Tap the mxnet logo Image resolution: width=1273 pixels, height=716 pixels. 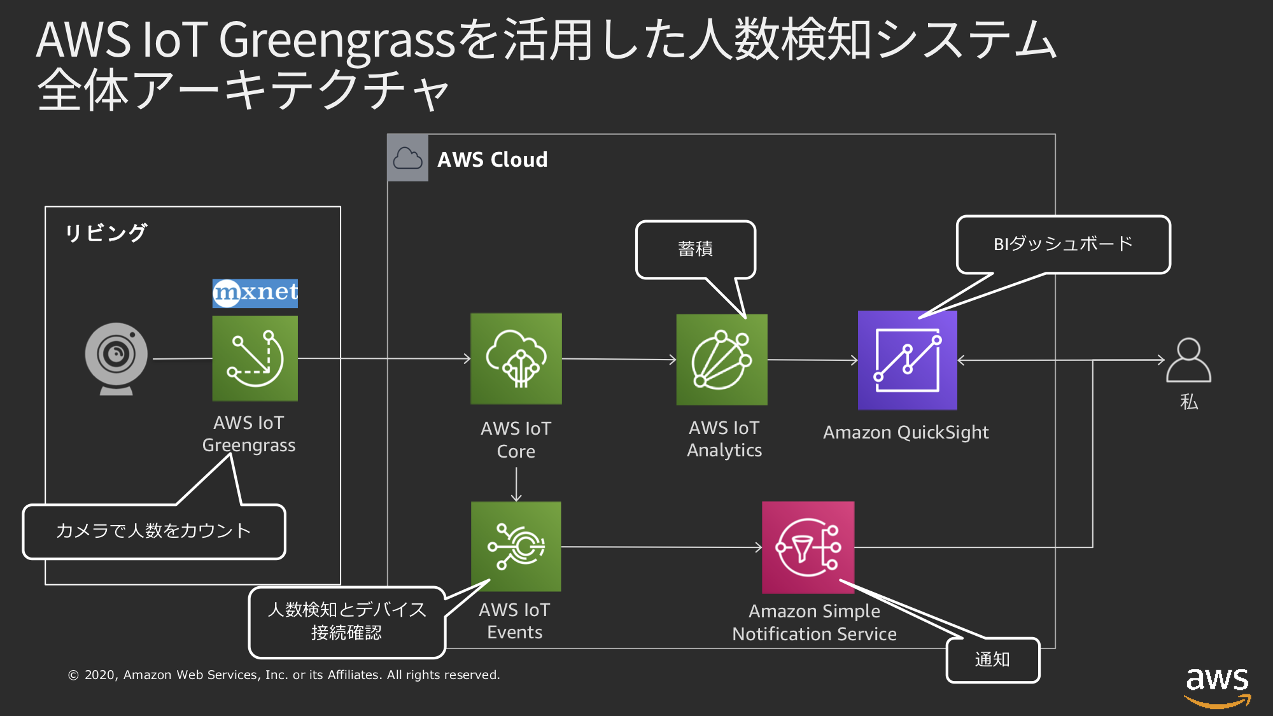click(255, 293)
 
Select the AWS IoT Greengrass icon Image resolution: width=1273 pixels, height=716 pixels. click(255, 358)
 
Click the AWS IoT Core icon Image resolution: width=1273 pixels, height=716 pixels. click(516, 358)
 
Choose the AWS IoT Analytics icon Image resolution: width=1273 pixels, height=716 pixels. click(722, 360)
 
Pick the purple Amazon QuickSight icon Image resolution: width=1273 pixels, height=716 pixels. click(907, 360)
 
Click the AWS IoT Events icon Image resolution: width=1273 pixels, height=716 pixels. click(516, 546)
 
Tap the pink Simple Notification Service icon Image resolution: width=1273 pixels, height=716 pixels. click(808, 547)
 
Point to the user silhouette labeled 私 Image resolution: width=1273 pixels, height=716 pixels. click(1188, 360)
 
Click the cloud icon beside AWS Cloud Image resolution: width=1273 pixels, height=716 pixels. click(408, 158)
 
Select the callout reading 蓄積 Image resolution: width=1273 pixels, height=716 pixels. click(696, 249)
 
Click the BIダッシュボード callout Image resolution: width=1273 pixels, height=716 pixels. click(1063, 244)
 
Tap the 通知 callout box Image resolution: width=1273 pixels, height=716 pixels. click(993, 660)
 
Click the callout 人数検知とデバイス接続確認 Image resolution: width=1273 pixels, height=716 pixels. click(347, 622)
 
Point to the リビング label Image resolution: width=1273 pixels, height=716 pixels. click(106, 233)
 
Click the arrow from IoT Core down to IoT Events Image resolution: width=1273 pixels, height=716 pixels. click(516, 485)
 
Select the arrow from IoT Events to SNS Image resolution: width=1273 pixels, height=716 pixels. click(662, 547)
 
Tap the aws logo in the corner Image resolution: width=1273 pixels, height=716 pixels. click(1217, 686)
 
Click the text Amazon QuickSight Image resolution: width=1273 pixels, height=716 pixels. click(906, 433)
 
